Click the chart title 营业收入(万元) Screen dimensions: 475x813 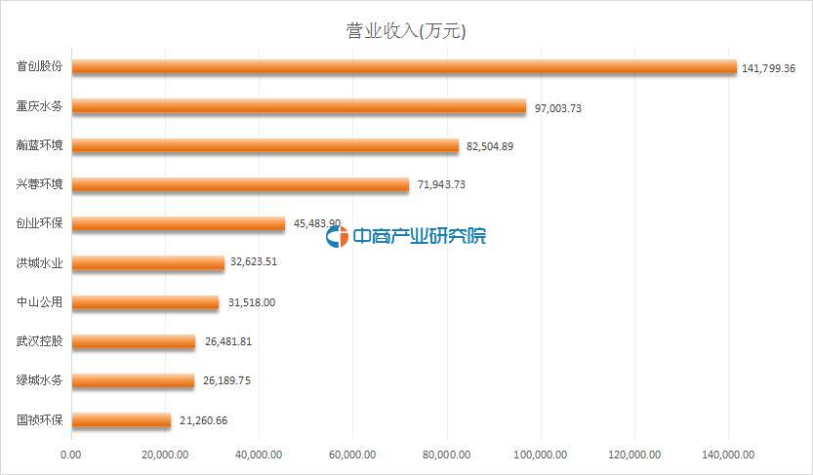tap(407, 31)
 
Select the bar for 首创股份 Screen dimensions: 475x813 tap(404, 67)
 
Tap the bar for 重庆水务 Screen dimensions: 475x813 tap(299, 106)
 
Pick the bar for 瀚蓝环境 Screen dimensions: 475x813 tap(264, 145)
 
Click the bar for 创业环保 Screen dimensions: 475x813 tap(179, 223)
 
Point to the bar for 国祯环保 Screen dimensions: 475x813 tap(121, 420)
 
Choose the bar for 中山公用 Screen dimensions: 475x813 tap(145, 302)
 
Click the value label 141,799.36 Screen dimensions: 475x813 tap(769, 68)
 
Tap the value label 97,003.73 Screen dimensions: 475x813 tap(558, 107)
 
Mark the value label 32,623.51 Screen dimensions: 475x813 tap(256, 263)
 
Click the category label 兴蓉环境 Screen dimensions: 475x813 tap(40, 184)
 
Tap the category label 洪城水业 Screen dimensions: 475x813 tap(40, 263)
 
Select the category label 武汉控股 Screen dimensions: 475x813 tap(40, 341)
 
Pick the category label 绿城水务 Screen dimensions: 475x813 tap(40, 380)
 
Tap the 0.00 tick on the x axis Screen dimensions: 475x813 tap(71, 454)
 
